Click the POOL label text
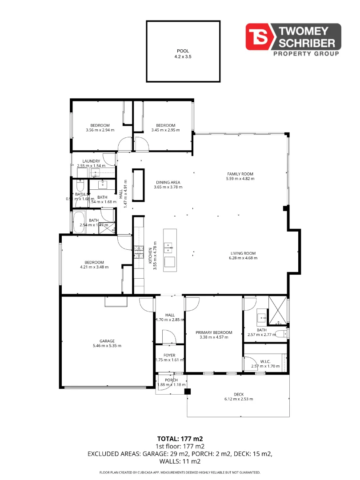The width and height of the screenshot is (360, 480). [183, 51]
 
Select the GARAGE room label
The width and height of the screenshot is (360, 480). [107, 341]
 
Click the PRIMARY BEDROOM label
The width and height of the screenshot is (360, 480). [214, 332]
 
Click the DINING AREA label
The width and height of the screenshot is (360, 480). [168, 182]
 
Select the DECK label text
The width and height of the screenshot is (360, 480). [239, 394]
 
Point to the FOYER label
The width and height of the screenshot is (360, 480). [169, 355]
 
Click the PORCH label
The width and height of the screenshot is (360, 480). [171, 380]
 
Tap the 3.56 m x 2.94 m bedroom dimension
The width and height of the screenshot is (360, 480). [100, 130]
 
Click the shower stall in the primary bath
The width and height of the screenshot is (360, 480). [278, 310]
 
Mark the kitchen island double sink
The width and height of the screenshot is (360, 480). [169, 248]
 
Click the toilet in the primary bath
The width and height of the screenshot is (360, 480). [280, 334]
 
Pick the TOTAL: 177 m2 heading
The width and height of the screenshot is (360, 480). [180, 439]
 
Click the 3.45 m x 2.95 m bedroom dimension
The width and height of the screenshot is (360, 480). [165, 130]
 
